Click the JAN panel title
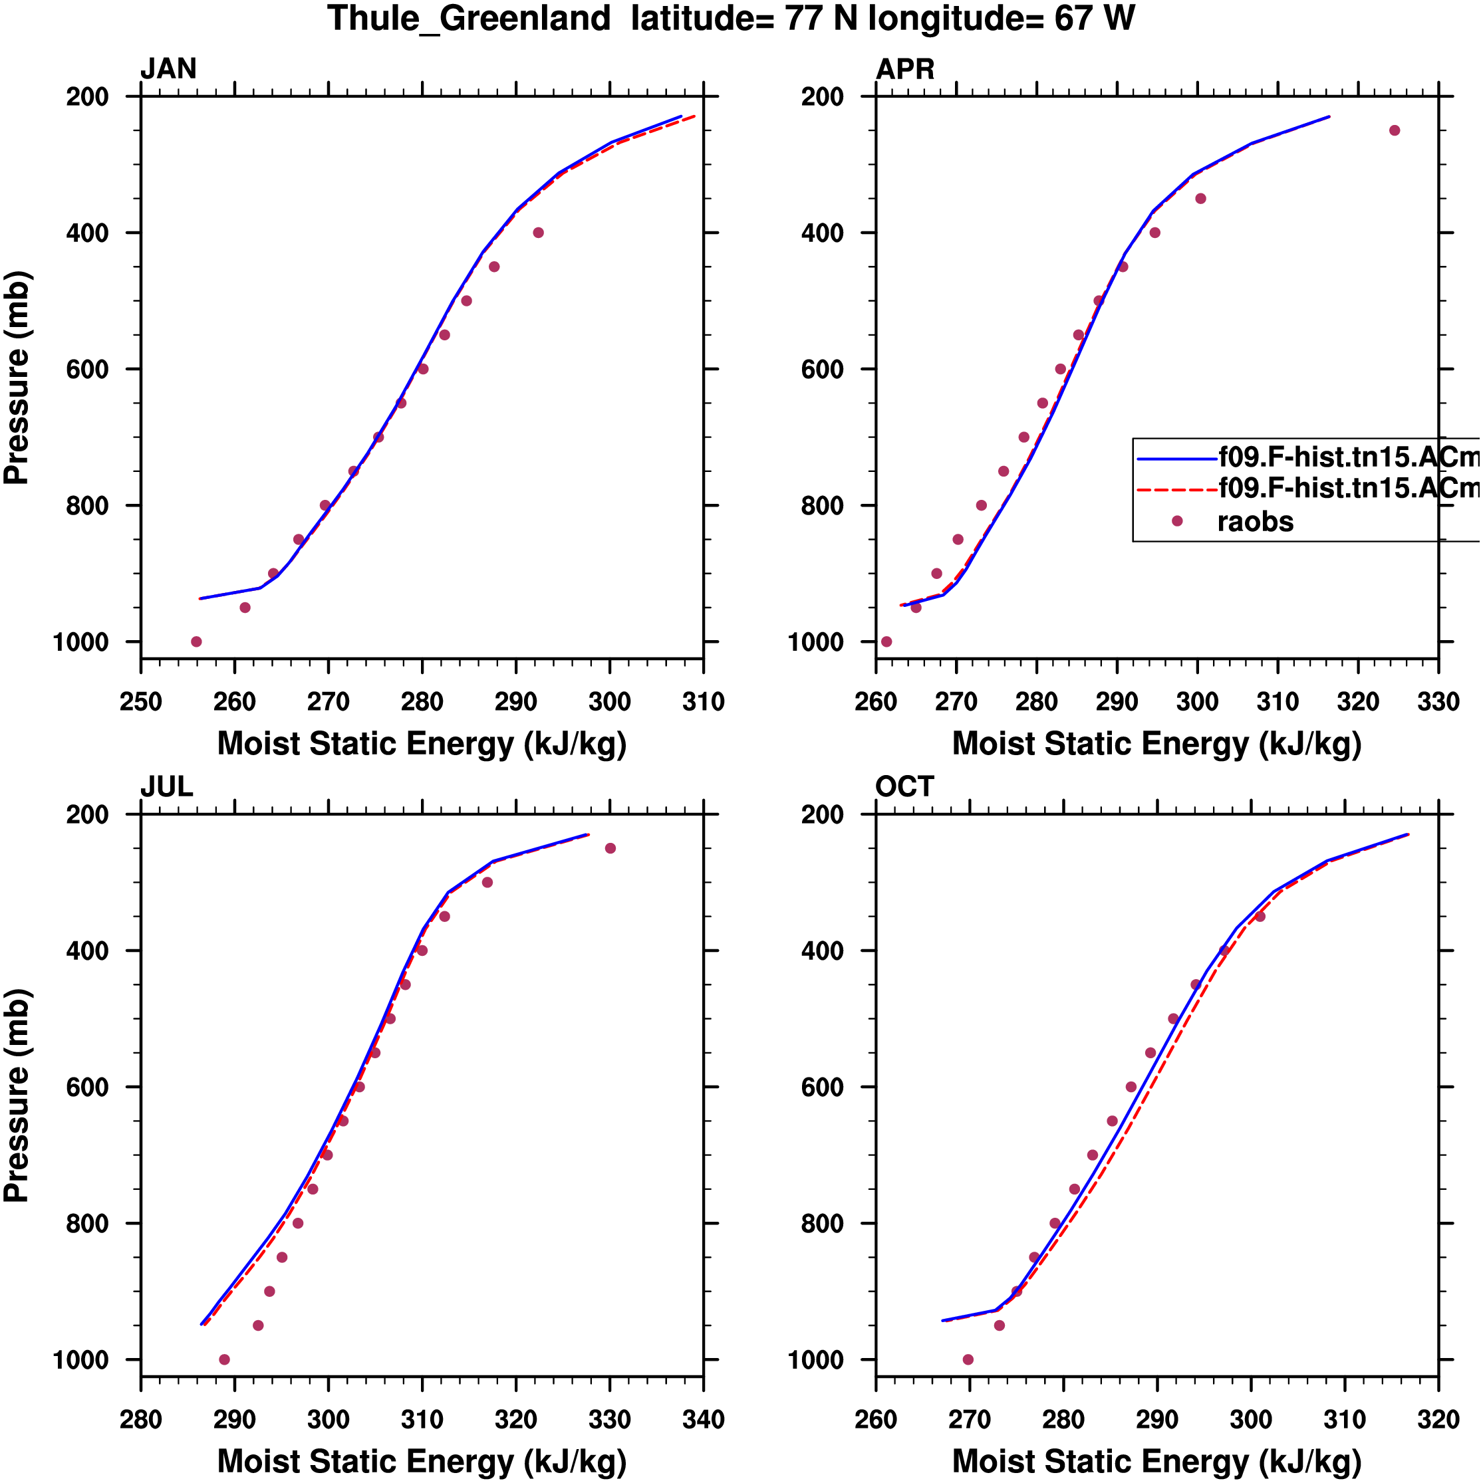168,69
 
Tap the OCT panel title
904,787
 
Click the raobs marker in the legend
1176,521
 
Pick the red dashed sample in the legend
1176,489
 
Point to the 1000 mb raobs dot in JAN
197,641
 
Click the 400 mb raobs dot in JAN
539,233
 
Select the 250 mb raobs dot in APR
1395,130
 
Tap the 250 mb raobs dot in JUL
610,848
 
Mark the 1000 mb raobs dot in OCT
968,1359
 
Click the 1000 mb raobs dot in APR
886,641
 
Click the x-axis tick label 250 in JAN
140,701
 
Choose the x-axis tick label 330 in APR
1438,701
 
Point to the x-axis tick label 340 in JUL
704,1419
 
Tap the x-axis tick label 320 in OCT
1438,1419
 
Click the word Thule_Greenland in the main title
468,19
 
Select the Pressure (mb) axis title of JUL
17,1095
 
